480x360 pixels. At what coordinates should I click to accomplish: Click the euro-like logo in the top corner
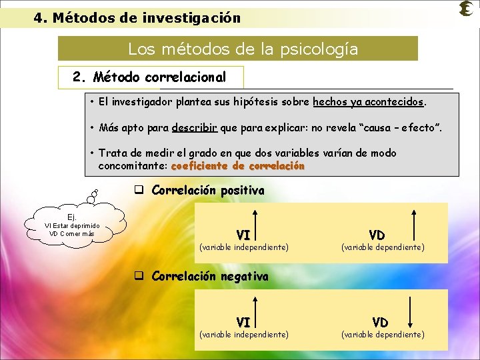point(467,9)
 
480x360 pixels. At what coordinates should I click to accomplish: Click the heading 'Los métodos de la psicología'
point(243,49)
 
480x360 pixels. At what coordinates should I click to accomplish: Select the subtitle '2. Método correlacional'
point(150,77)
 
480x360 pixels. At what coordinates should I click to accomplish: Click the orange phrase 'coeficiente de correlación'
point(238,165)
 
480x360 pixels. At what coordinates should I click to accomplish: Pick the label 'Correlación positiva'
point(208,191)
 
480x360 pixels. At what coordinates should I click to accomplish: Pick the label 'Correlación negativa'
point(210,276)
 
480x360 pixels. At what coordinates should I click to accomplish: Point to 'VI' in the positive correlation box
point(243,235)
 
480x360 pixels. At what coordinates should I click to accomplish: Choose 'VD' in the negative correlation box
point(380,323)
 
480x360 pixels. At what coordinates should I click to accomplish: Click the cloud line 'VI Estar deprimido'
point(72,225)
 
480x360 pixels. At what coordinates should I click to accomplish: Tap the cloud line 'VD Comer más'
point(72,234)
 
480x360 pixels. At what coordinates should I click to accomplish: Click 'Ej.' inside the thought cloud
point(72,217)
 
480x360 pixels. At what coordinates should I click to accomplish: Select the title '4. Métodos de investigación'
point(137,18)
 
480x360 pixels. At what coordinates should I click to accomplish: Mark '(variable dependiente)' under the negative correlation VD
point(383,335)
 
